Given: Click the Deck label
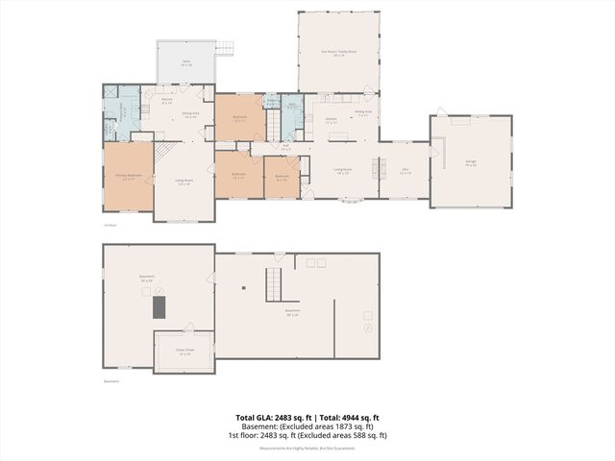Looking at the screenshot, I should point(186,64).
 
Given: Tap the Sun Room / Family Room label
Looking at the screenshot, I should point(338,54).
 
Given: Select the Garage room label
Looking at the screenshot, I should point(471,164).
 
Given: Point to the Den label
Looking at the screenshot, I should point(406,170).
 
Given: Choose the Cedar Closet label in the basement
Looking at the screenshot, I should point(184,352).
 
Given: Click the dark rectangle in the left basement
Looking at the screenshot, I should point(159,306).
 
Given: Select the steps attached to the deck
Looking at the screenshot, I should point(225,48).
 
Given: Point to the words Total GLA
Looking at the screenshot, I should point(255,418).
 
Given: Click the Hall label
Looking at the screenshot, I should point(285,148).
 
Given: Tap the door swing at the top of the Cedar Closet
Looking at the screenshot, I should point(188,328).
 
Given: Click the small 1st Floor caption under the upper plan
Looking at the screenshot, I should point(111,226).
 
